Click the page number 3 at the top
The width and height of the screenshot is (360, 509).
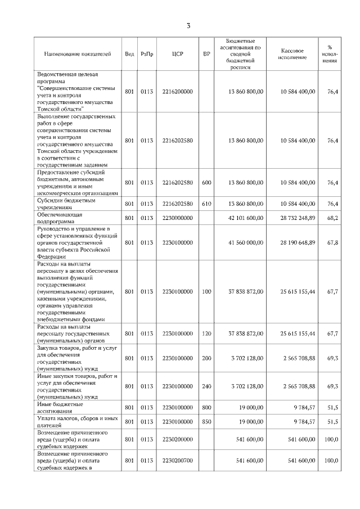pyautogui.click(x=189, y=25)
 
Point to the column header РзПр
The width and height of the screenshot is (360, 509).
pyautogui.click(x=147, y=54)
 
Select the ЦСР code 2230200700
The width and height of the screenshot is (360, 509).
pyautogui.click(x=178, y=461)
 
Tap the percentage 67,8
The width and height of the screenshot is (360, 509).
pyautogui.click(x=332, y=242)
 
